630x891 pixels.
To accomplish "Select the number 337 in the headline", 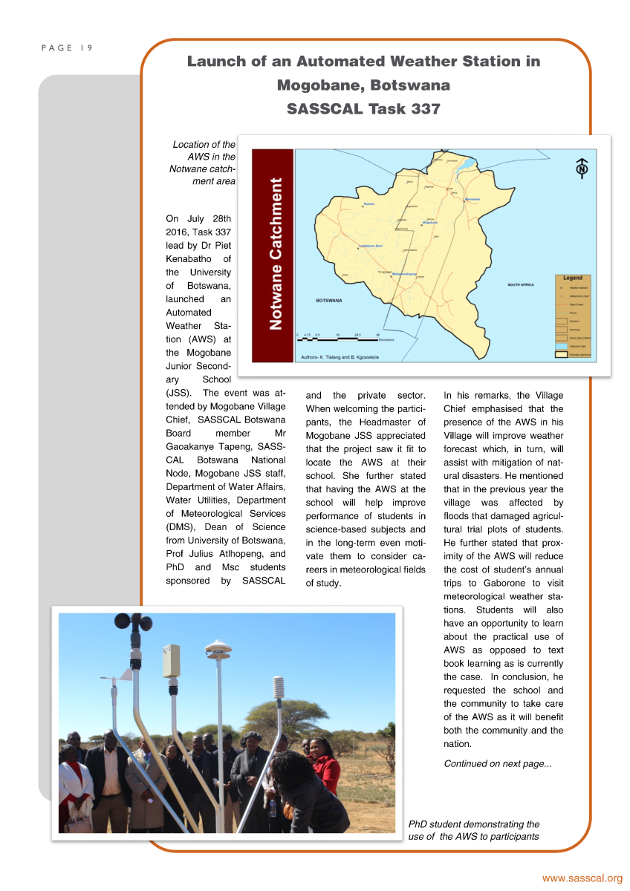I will (423, 108).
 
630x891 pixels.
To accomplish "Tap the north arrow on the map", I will (582, 169).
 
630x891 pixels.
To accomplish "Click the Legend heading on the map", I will (572, 277).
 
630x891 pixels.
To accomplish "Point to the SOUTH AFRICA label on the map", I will (520, 284).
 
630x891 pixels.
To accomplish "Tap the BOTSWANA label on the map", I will (328, 301).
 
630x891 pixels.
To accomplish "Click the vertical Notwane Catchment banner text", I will (274, 253).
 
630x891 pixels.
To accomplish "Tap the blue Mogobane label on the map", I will (430, 222).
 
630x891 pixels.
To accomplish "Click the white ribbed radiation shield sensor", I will (279, 689).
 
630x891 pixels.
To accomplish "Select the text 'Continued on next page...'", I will (497, 763).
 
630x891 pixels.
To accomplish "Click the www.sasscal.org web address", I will (582, 878).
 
